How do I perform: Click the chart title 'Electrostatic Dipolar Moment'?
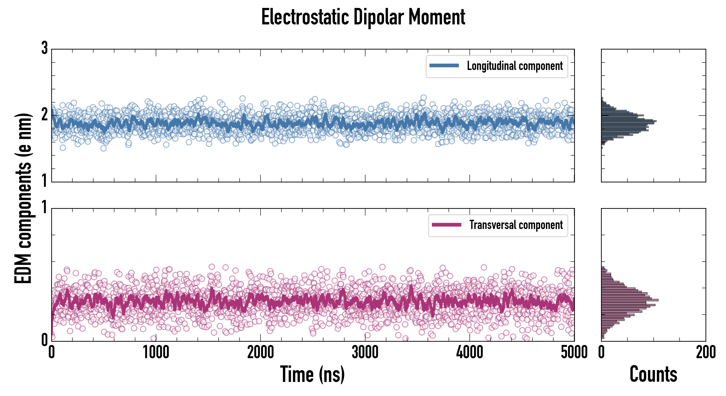(363, 17)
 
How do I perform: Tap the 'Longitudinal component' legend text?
(515, 66)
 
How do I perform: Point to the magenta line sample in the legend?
(446, 225)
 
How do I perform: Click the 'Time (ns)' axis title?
(312, 374)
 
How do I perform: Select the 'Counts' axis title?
(653, 374)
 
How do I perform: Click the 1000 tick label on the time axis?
(156, 352)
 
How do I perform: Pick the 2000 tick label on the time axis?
(260, 352)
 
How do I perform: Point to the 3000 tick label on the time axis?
(365, 352)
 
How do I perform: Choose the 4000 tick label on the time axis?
(469, 352)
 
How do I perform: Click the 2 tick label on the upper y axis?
(44, 115)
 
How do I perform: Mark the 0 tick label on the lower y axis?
(44, 340)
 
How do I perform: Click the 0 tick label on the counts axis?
(601, 352)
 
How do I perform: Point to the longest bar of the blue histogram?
(629, 121)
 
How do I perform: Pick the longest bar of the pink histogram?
(630, 300)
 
